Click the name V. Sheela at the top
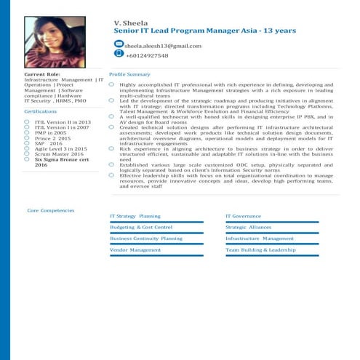click(x=131, y=23)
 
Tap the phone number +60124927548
click(x=147, y=56)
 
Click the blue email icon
click(x=119, y=45)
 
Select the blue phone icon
click(x=119, y=55)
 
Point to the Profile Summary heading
click(x=129, y=75)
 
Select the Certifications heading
click(x=41, y=111)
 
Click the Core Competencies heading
click(x=51, y=210)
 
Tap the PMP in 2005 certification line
click(x=50, y=133)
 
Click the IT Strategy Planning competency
click(x=135, y=217)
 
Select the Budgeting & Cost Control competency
click(x=140, y=228)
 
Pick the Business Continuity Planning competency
click(x=145, y=239)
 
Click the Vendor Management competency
click(x=135, y=249)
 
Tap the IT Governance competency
click(x=243, y=217)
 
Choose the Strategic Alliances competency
click(x=249, y=228)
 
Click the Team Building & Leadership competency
click(x=260, y=249)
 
